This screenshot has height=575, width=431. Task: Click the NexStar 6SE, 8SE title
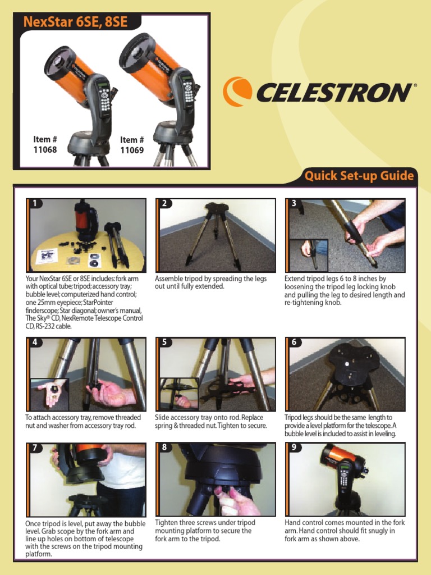(x=75, y=22)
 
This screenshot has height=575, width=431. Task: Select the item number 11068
(x=45, y=145)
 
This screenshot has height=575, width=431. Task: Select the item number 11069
(x=132, y=145)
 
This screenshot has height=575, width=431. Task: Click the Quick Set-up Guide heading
(x=359, y=176)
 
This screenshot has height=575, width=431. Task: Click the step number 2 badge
(x=164, y=204)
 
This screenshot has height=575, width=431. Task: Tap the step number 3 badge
(x=294, y=204)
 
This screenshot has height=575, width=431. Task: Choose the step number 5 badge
(x=164, y=343)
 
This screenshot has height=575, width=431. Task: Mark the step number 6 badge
(x=294, y=343)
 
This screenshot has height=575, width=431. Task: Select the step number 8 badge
(x=164, y=448)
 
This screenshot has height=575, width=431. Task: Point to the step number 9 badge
(x=294, y=448)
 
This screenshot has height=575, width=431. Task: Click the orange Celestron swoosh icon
(x=237, y=92)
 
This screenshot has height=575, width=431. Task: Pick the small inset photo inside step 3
(x=309, y=255)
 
